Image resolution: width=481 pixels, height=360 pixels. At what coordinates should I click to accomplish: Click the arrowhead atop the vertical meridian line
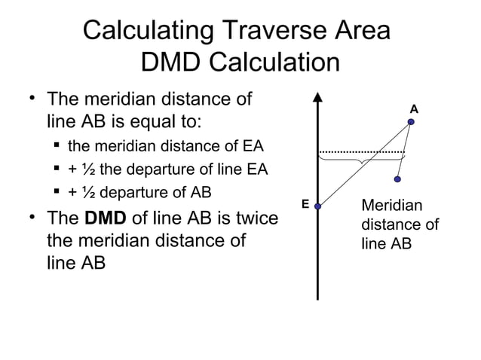tap(318, 97)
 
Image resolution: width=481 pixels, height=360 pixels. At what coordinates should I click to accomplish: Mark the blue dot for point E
tap(318, 206)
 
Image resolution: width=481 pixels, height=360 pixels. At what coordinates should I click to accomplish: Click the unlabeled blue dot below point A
tap(397, 180)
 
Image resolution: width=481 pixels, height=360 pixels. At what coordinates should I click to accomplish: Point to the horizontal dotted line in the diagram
tap(361, 152)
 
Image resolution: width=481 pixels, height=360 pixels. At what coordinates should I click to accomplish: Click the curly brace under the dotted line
tap(361, 159)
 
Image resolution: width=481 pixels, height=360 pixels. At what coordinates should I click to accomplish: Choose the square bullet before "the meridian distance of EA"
tap(57, 145)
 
